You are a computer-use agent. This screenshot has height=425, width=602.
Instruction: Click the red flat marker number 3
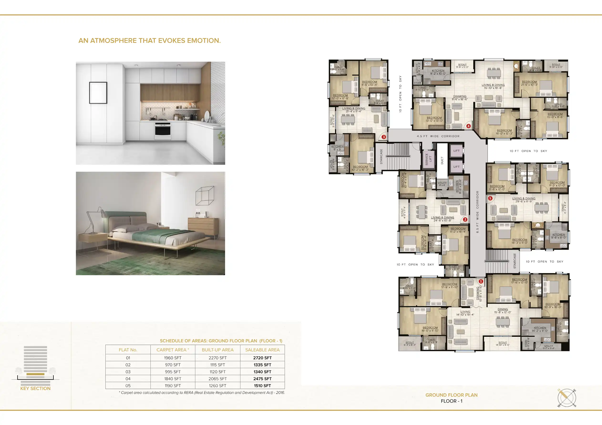(x=384, y=137)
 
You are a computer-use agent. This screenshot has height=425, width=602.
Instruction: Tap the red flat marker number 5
(x=490, y=198)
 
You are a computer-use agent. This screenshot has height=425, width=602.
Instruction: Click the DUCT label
(x=442, y=160)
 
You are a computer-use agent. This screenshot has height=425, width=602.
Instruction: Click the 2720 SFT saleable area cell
(x=262, y=358)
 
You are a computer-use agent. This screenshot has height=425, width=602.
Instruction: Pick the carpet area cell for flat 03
(x=173, y=372)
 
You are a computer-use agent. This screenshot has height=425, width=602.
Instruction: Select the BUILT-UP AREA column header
(x=217, y=350)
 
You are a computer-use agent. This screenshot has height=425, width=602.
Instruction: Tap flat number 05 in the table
(x=128, y=385)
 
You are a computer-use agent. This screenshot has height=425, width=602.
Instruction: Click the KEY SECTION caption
(x=35, y=388)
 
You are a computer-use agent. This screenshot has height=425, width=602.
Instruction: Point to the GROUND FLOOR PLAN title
(x=451, y=395)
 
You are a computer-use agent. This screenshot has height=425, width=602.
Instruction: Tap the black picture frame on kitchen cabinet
(x=98, y=93)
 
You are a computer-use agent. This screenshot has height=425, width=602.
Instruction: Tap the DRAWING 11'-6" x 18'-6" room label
(x=459, y=98)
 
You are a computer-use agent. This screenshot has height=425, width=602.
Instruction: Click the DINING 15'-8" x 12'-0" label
(x=502, y=310)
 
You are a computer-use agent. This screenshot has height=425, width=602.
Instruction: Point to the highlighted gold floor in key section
(x=35, y=374)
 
